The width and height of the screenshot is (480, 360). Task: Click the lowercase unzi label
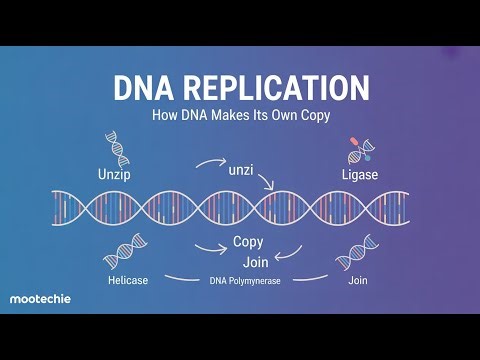pos(241,171)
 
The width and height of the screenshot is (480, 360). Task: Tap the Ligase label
pos(357,175)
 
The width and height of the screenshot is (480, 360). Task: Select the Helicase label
pos(128,281)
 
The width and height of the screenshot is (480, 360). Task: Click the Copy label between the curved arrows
pos(248,242)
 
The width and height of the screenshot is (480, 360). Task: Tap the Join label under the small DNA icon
pos(357,281)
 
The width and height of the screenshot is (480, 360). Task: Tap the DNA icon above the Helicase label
pos(129,252)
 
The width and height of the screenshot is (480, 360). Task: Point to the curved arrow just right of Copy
pos(287,249)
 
